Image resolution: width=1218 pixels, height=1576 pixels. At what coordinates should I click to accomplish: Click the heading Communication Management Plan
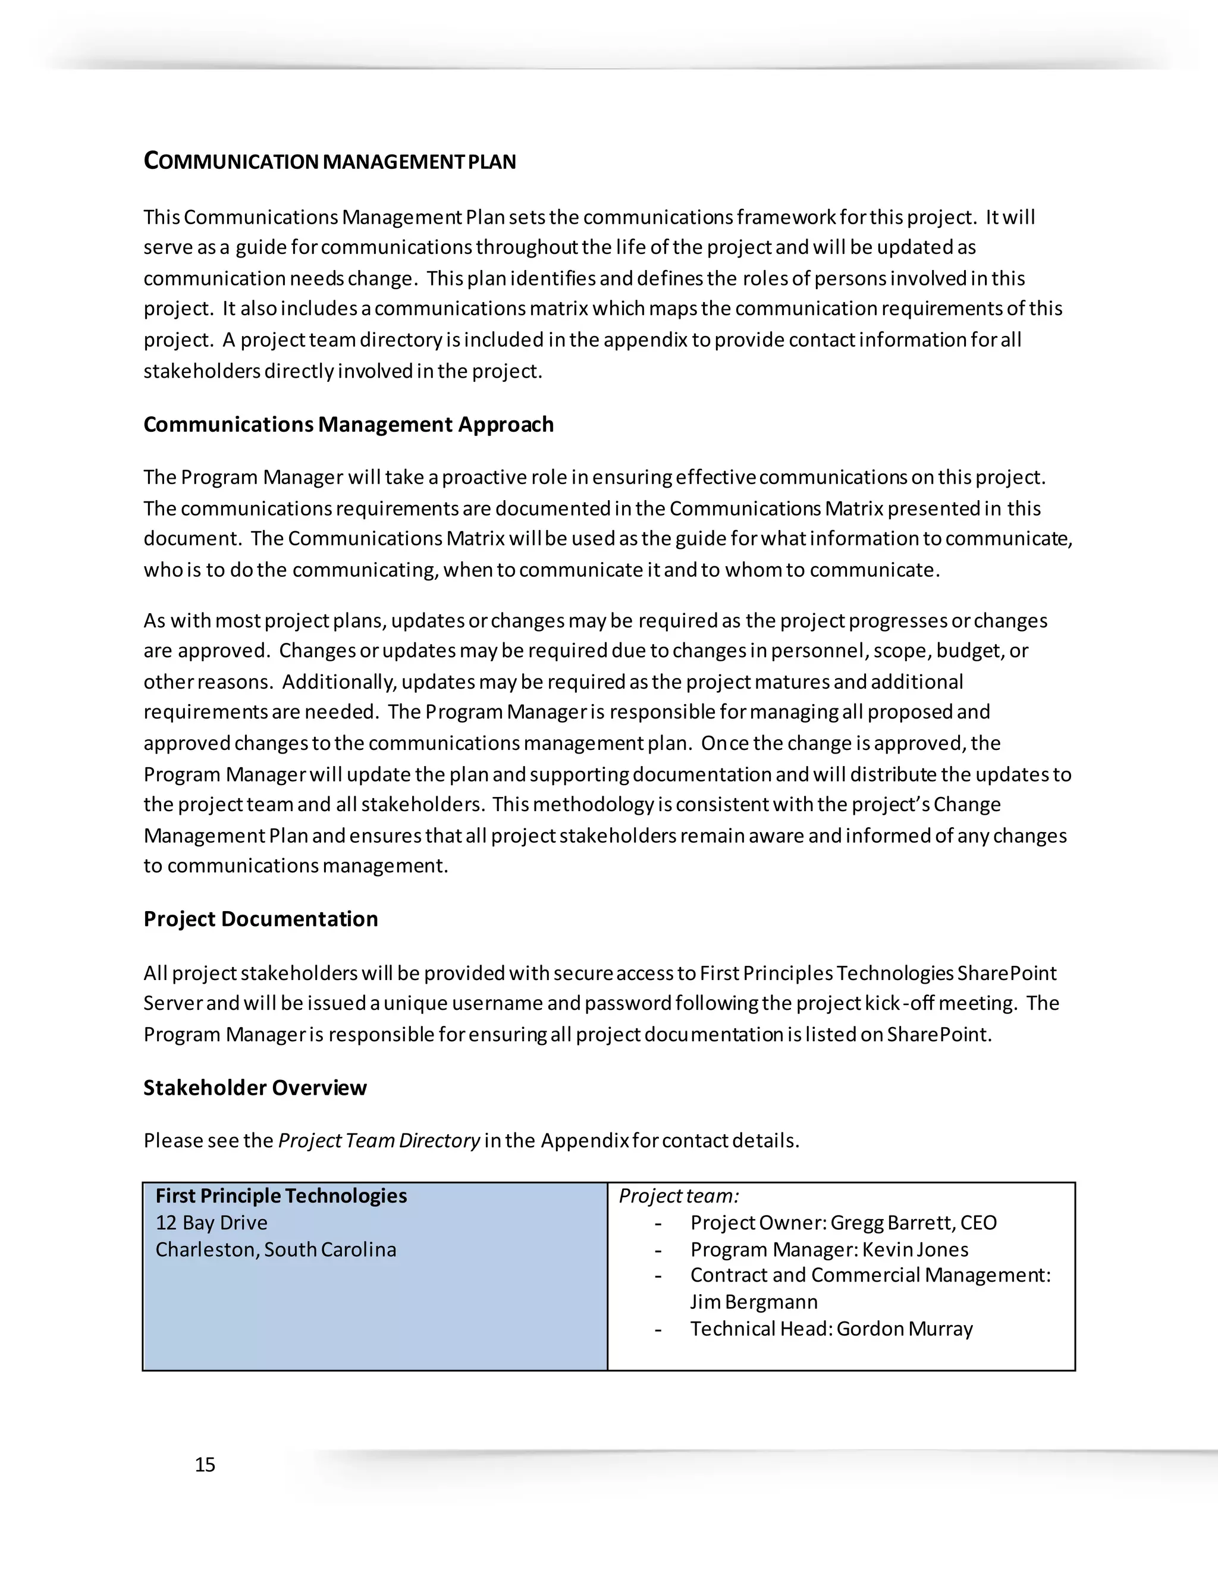click(329, 161)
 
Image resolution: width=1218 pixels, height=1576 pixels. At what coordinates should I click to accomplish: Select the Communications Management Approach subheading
click(349, 424)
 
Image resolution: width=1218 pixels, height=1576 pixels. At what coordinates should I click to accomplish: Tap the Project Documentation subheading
click(260, 919)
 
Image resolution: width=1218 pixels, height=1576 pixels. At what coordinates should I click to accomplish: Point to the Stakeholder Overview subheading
click(255, 1088)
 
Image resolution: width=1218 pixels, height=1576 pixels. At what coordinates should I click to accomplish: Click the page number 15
click(205, 1464)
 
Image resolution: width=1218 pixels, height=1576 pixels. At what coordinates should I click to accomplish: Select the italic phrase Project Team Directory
click(379, 1140)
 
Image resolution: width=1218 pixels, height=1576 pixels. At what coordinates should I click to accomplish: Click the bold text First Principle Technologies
click(281, 1196)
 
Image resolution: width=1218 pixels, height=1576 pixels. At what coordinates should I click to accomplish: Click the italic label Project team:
click(678, 1196)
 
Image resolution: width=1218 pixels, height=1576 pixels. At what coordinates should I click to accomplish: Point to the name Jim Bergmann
click(754, 1302)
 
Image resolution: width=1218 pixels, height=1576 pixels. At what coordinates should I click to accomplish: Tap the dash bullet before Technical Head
click(658, 1329)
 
